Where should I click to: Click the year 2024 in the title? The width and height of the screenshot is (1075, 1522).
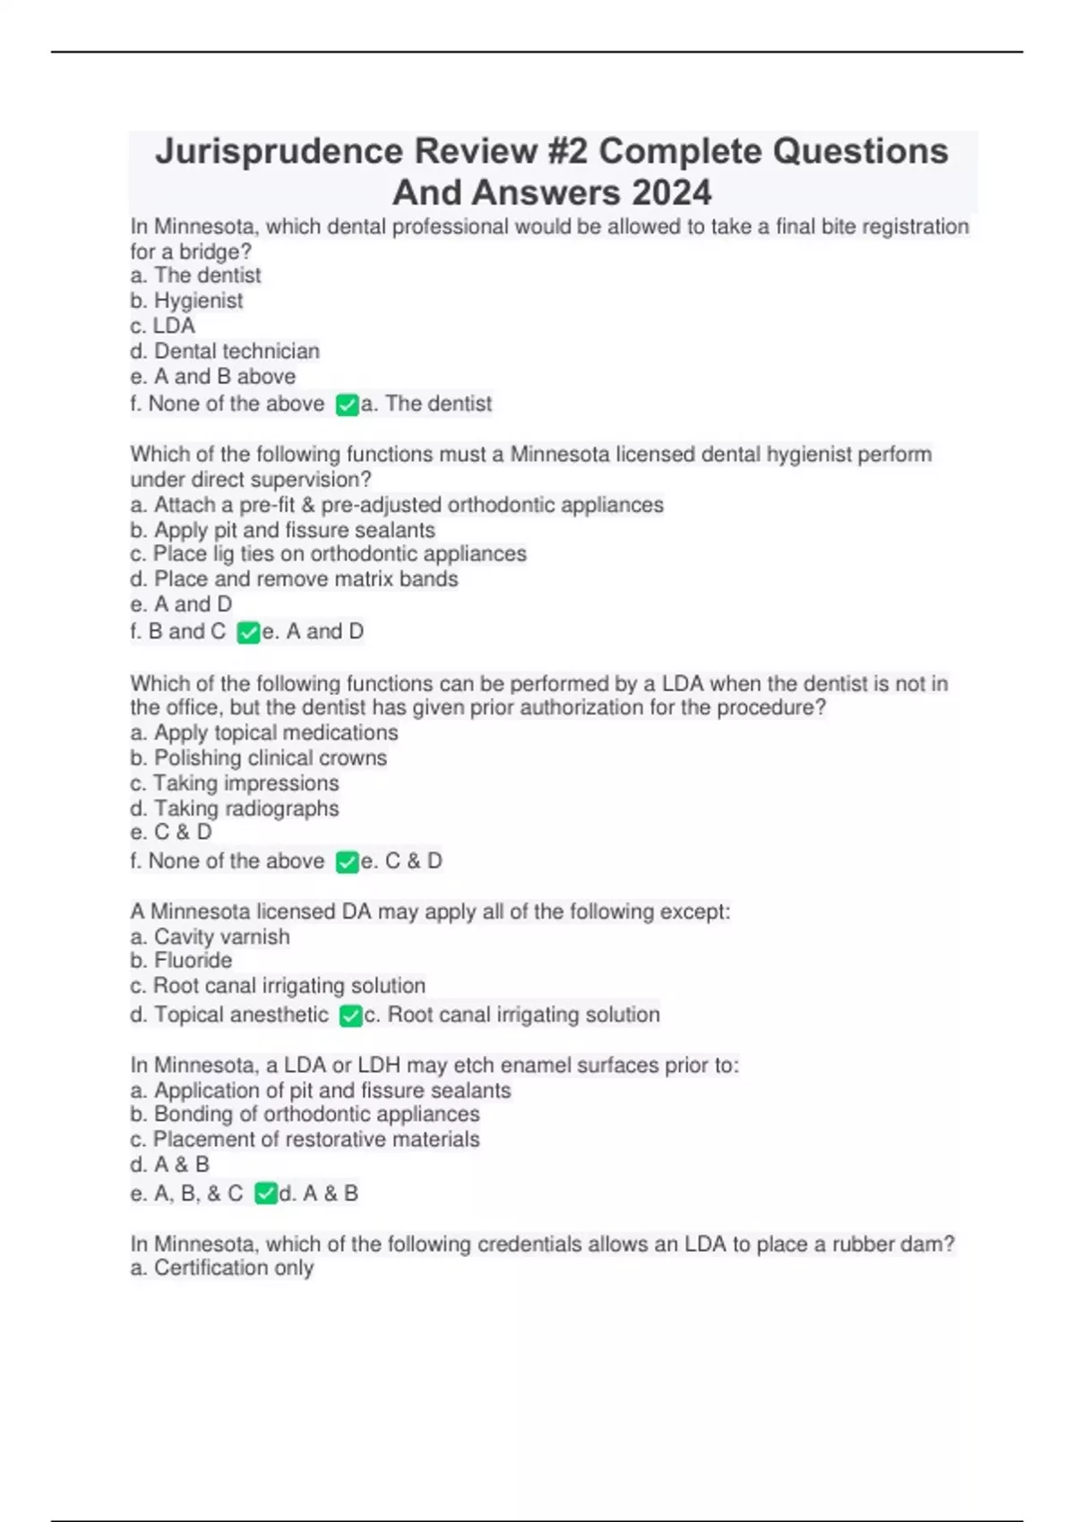coord(671,192)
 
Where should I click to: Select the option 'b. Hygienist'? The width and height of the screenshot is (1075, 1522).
coord(186,301)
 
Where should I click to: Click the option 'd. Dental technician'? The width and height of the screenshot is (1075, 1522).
coord(225,351)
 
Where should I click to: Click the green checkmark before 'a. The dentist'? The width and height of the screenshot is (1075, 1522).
coord(347,405)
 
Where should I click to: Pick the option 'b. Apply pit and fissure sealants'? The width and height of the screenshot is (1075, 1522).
coord(282,530)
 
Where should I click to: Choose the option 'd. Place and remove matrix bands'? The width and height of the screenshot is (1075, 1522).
coord(294,579)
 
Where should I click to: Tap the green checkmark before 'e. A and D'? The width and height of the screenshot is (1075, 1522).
coord(248,633)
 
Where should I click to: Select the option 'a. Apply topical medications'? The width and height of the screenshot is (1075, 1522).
coord(264,732)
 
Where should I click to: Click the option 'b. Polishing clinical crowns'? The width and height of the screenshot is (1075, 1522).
coord(258,758)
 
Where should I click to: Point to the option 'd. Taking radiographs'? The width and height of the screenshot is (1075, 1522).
coord(235,808)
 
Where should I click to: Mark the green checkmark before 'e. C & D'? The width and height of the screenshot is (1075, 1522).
coord(347,862)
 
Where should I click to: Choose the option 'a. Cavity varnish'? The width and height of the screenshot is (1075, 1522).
coord(210,937)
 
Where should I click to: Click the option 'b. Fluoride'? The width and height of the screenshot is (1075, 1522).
coord(181,961)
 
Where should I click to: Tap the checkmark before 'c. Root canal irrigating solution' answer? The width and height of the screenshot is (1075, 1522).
coord(350,1016)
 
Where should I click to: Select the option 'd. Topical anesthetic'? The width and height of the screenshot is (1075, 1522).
coord(229,1015)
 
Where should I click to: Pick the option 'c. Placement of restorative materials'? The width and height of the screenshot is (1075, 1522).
coord(305,1140)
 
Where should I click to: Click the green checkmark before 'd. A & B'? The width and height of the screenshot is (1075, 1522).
coord(265,1193)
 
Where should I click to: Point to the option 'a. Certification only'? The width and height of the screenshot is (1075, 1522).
coord(222,1268)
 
